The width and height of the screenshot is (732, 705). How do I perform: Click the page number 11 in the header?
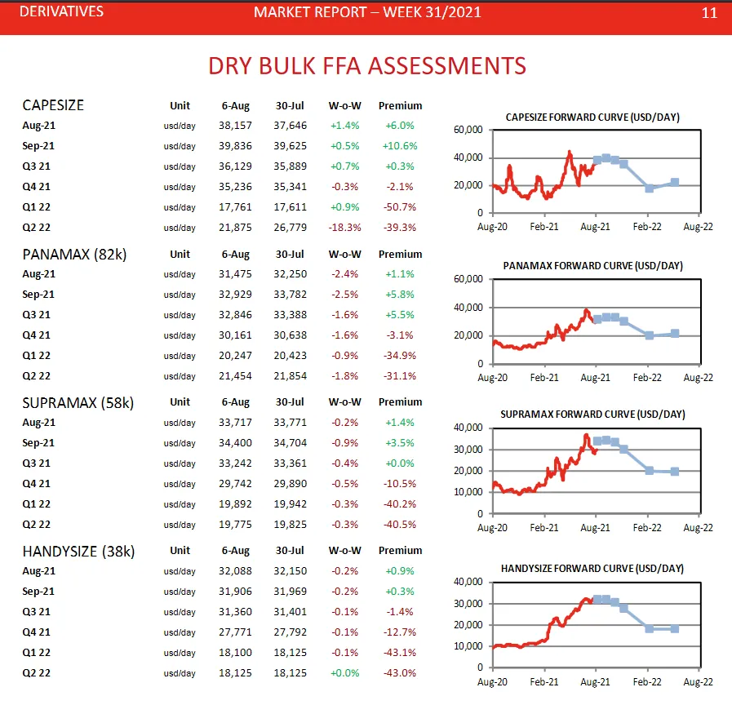708,12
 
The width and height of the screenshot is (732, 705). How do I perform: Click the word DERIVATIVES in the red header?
61,12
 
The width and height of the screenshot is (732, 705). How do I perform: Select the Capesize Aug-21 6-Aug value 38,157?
237,126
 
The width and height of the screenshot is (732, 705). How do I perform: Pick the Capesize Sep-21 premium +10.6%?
400,146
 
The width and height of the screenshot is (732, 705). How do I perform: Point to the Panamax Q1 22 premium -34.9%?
400,356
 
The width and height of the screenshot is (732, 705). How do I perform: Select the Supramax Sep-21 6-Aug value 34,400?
237,443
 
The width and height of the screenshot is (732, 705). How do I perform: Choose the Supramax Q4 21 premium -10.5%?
400,484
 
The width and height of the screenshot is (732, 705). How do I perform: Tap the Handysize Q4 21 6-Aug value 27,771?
237,632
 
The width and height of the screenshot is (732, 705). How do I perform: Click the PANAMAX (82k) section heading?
73,254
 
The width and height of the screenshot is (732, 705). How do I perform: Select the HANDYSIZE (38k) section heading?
78,551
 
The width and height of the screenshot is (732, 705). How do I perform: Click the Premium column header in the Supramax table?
400,402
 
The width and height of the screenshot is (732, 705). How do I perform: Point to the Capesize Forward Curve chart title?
592,117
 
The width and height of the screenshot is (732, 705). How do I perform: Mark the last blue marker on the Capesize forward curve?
674,183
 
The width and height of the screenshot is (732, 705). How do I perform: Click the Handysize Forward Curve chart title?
592,569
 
